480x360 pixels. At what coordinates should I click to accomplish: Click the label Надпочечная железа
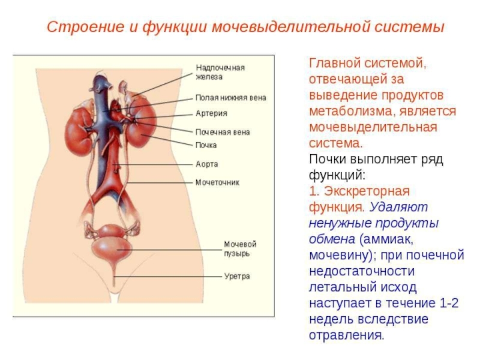pyautogui.click(x=220, y=73)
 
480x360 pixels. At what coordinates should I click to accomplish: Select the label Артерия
pyautogui.click(x=211, y=113)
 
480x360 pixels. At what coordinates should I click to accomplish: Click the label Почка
pyautogui.click(x=206, y=145)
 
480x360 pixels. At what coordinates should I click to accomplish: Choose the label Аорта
pyautogui.click(x=206, y=164)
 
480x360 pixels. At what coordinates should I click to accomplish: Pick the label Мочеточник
pyautogui.click(x=217, y=182)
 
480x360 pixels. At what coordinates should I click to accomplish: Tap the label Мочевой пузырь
pyautogui.click(x=240, y=249)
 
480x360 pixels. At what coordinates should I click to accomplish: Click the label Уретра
pyautogui.click(x=237, y=277)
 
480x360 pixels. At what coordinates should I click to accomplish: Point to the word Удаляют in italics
pyautogui.click(x=398, y=208)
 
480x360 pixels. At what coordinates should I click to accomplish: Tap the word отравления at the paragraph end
pyautogui.click(x=346, y=335)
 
